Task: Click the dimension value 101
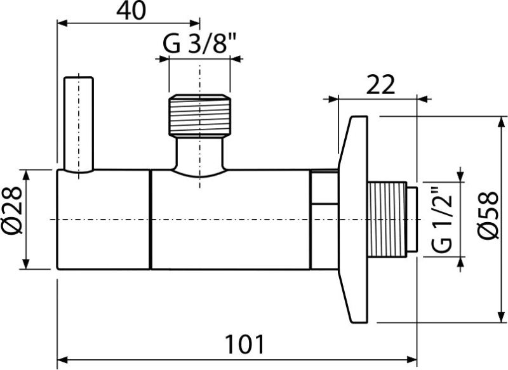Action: point(244,347)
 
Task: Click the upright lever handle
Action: point(79,124)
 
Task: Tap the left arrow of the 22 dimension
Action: point(327,98)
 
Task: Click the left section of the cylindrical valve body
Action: point(104,219)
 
